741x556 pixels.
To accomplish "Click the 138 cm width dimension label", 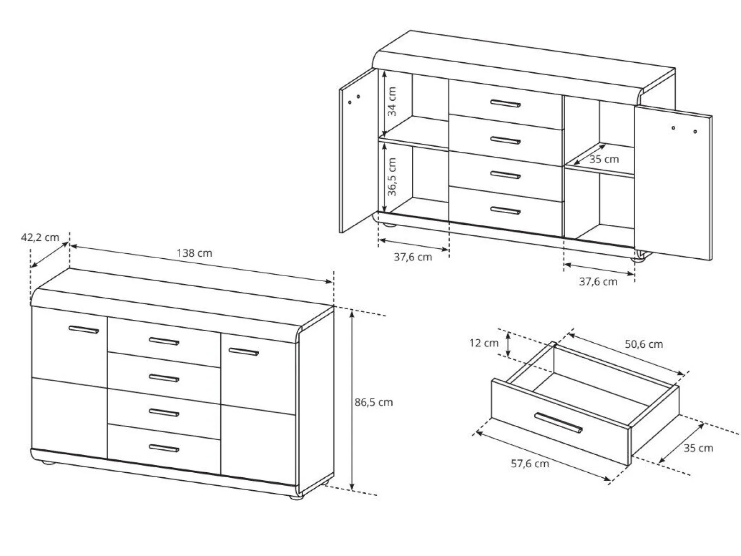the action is [194, 253].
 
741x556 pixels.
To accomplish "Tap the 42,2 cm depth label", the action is [40, 237].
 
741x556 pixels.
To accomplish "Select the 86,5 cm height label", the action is [374, 402].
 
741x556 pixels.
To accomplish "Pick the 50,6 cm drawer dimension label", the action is [644, 344].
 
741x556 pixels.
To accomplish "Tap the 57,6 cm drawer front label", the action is [530, 464].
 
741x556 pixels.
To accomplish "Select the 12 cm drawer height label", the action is [484, 343].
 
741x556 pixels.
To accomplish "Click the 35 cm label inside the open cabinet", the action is [604, 159].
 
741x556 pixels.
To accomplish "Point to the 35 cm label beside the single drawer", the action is [698, 448].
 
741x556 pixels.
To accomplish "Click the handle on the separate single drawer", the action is [558, 423].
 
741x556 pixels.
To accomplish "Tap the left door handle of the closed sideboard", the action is [84, 329].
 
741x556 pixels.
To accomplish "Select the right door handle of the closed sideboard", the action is [243, 351].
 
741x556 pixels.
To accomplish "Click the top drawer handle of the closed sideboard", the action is [164, 341].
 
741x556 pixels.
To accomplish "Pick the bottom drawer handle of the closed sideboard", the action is [164, 448].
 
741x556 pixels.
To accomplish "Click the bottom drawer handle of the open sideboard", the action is [505, 210].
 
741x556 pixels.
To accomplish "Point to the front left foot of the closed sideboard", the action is [48, 462].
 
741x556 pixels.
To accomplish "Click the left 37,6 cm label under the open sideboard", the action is [413, 257].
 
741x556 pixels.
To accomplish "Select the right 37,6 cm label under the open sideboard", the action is [598, 282].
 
